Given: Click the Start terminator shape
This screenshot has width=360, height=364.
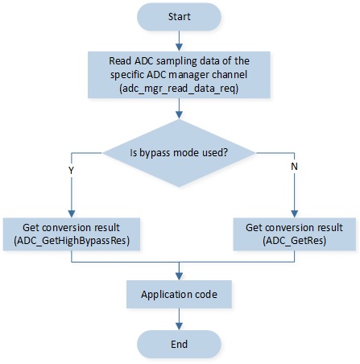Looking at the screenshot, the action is coord(179,17).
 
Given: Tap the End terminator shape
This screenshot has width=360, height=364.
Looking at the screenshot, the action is coord(179,344).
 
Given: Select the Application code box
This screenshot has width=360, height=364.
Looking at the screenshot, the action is coord(179,294).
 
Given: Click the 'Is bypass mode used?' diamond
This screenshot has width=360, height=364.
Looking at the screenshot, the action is coord(179,153).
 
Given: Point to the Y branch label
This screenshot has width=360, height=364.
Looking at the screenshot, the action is coord(71,170).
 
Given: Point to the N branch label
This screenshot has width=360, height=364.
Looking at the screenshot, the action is coord(294,167).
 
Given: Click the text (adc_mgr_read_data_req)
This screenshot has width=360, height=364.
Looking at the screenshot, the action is coord(179,89).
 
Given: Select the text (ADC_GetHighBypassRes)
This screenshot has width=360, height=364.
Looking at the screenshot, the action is coord(72,241).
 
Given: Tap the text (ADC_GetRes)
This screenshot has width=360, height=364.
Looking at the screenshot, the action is coord(294,241).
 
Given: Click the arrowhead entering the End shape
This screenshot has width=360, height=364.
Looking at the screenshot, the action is coord(179,326).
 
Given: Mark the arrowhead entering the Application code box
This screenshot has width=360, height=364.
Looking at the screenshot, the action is coord(179,276).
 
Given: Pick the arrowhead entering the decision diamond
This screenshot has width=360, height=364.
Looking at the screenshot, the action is coord(179,115).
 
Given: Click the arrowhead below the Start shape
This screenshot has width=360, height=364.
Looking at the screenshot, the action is coord(179,48).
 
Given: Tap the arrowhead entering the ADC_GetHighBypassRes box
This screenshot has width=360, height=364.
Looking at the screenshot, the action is coord(72,213).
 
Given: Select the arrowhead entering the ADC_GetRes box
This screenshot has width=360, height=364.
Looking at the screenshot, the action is coord(295,213).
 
